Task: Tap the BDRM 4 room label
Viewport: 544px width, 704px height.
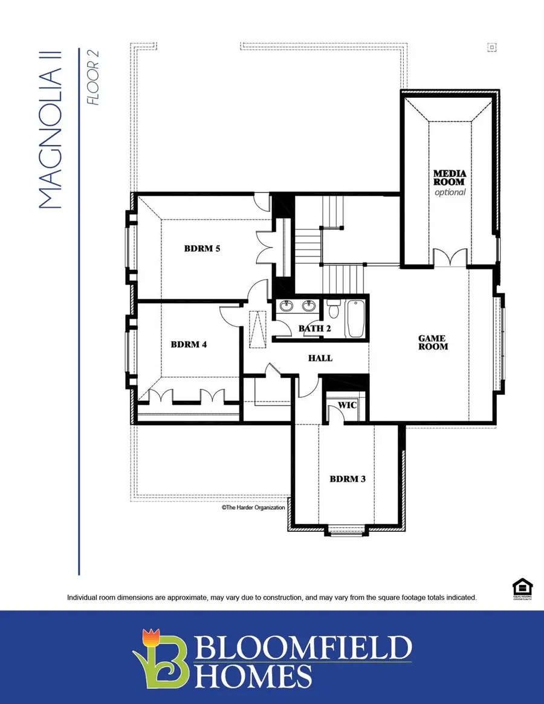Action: click(189, 345)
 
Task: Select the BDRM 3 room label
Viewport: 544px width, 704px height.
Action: click(348, 479)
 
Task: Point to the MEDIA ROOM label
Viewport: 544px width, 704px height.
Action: click(449, 178)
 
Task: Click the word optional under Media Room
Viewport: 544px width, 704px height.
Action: click(450, 192)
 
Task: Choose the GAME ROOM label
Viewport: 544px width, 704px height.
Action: click(433, 343)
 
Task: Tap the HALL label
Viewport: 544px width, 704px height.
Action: click(320, 358)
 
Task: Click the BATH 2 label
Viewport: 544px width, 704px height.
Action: click(314, 328)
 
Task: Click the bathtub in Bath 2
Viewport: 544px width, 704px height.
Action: click(355, 319)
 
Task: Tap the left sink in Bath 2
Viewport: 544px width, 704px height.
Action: click(288, 306)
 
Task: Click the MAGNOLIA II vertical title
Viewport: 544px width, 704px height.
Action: click(52, 139)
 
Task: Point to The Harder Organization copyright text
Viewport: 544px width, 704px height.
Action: click(253, 508)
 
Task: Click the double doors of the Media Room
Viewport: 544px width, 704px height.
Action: click(450, 258)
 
